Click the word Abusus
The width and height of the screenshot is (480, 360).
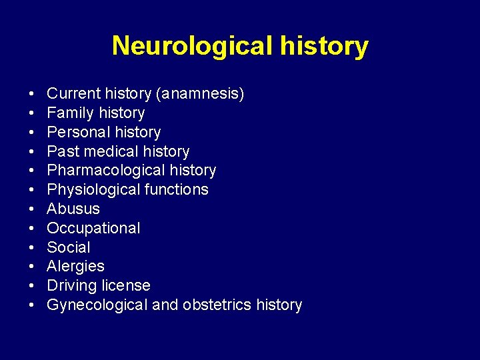73,209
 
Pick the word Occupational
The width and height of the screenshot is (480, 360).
93,228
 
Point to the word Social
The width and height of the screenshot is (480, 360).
68,247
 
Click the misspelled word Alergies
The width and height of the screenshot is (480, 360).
75,266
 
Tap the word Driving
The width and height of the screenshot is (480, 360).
71,285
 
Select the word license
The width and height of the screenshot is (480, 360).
126,285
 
